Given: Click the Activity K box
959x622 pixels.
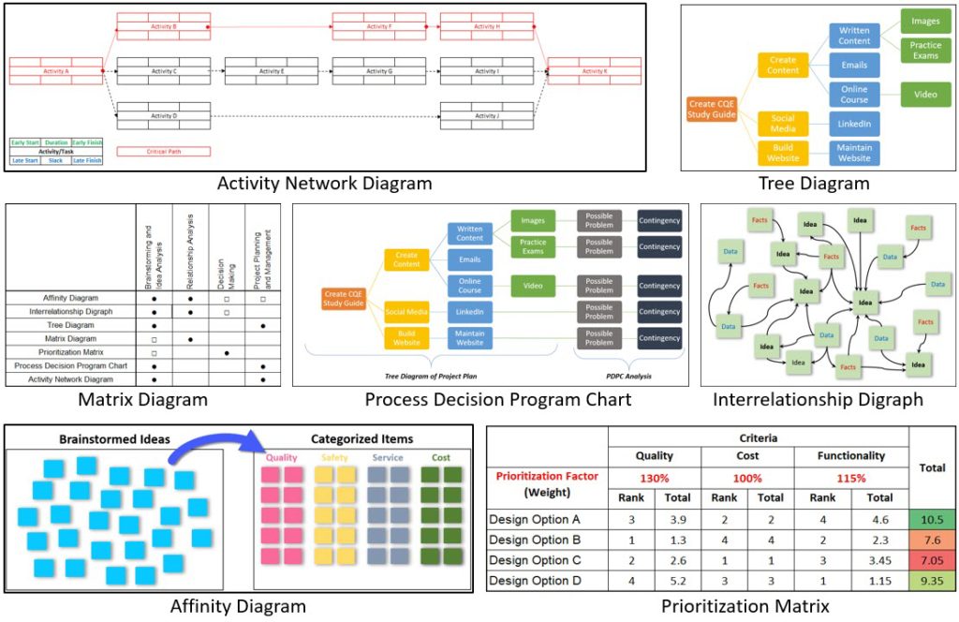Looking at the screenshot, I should click(593, 71).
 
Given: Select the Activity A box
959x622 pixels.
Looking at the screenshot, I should click(55, 71).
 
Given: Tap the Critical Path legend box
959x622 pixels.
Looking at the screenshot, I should click(163, 151).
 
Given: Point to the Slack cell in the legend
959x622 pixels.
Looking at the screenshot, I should click(55, 160).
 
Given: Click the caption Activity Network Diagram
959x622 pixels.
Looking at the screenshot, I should click(324, 184).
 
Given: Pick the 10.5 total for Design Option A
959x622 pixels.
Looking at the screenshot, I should click(932, 519).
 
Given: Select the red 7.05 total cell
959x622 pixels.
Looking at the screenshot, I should click(932, 560).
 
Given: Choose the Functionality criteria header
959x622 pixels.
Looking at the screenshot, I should click(850, 456).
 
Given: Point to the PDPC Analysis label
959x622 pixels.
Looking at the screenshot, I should click(628, 377).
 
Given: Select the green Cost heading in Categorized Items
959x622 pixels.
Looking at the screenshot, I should click(441, 458).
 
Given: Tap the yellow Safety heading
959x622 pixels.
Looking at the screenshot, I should click(334, 458).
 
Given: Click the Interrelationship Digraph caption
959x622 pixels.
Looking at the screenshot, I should click(818, 400).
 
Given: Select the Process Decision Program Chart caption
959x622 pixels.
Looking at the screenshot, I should click(497, 400).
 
